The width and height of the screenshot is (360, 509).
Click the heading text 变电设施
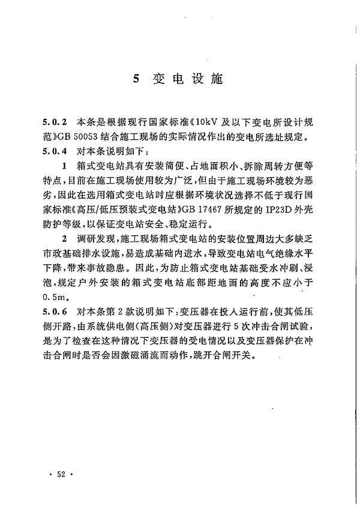click(x=187, y=79)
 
